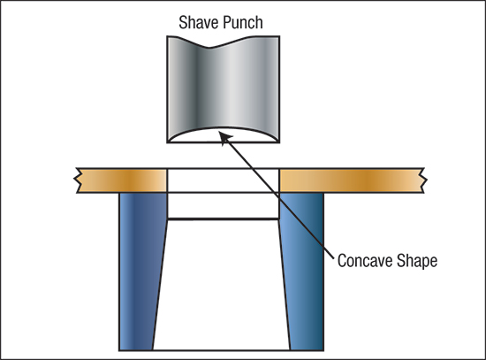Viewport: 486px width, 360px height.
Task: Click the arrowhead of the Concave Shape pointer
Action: coord(224,137)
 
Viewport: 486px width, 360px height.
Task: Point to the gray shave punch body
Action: coord(224,85)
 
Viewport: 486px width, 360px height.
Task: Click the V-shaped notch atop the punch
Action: coord(209,48)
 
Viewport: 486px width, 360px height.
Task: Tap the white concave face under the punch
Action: coord(224,135)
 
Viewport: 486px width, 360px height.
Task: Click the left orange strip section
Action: coord(122,180)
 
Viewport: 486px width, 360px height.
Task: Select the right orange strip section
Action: coord(353,180)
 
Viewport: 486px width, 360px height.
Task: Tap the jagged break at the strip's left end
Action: coord(78,180)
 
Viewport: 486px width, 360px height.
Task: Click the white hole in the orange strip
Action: coord(224,180)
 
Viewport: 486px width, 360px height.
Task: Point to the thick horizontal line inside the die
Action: coord(224,219)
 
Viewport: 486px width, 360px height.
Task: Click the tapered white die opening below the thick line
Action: coord(222,285)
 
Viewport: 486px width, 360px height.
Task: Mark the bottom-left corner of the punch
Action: coord(167,142)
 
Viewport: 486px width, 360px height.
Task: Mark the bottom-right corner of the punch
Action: coord(279,142)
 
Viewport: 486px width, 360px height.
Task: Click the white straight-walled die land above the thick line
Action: coord(224,205)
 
